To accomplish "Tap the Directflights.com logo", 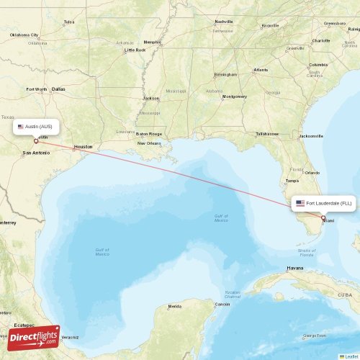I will (34, 336).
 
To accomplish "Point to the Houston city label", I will (83, 146).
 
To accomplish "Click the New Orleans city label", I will (149, 143).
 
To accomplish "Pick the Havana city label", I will (295, 268).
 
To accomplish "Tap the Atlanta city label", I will (260, 70).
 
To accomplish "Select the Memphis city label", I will (153, 42).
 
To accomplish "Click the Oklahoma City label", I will (24, 35).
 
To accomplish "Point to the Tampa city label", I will (292, 181).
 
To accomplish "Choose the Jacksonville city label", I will (311, 135).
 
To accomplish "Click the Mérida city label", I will (175, 306).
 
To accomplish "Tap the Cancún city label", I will (222, 304).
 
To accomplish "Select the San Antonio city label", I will (36, 153).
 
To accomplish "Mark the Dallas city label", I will (58, 89).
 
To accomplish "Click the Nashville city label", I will (224, 22).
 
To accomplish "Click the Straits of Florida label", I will (306, 253).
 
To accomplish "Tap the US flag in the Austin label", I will (21, 126).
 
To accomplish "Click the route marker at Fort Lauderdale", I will (323, 218).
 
